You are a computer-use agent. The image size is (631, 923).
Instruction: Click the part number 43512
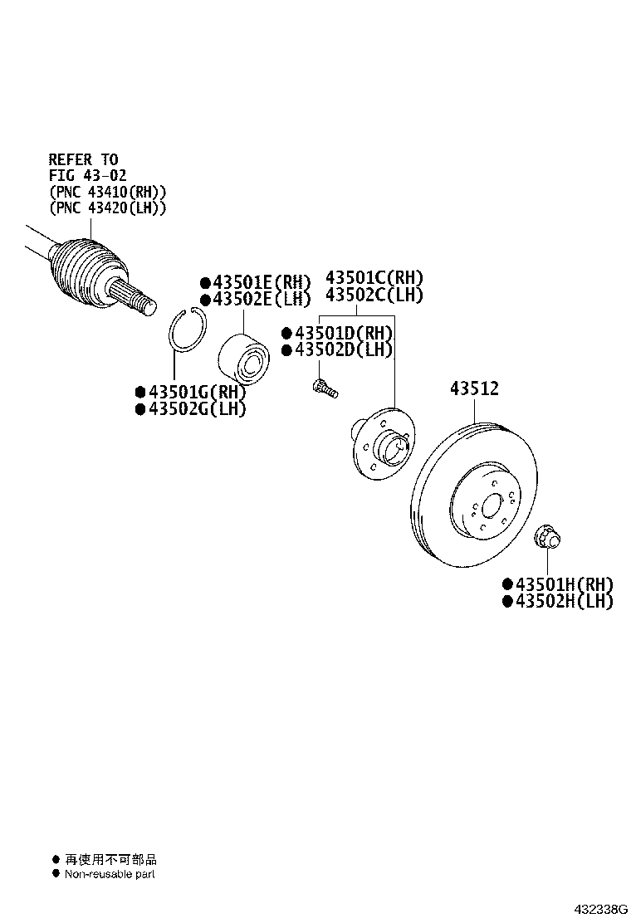pyautogui.click(x=474, y=388)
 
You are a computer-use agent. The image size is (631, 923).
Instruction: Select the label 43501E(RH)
pyautogui.click(x=261, y=282)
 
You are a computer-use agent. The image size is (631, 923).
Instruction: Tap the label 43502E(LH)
pyautogui.click(x=261, y=299)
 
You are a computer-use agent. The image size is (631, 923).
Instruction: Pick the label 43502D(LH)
pyautogui.click(x=342, y=350)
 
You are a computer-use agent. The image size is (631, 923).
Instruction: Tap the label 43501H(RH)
pyautogui.click(x=564, y=584)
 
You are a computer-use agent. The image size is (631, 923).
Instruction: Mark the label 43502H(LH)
pyautogui.click(x=564, y=601)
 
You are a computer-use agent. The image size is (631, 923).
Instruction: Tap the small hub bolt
pyautogui.click(x=323, y=387)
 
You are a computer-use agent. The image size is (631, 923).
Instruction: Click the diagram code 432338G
pyautogui.click(x=599, y=910)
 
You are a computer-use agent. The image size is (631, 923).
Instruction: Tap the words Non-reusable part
pyautogui.click(x=110, y=873)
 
